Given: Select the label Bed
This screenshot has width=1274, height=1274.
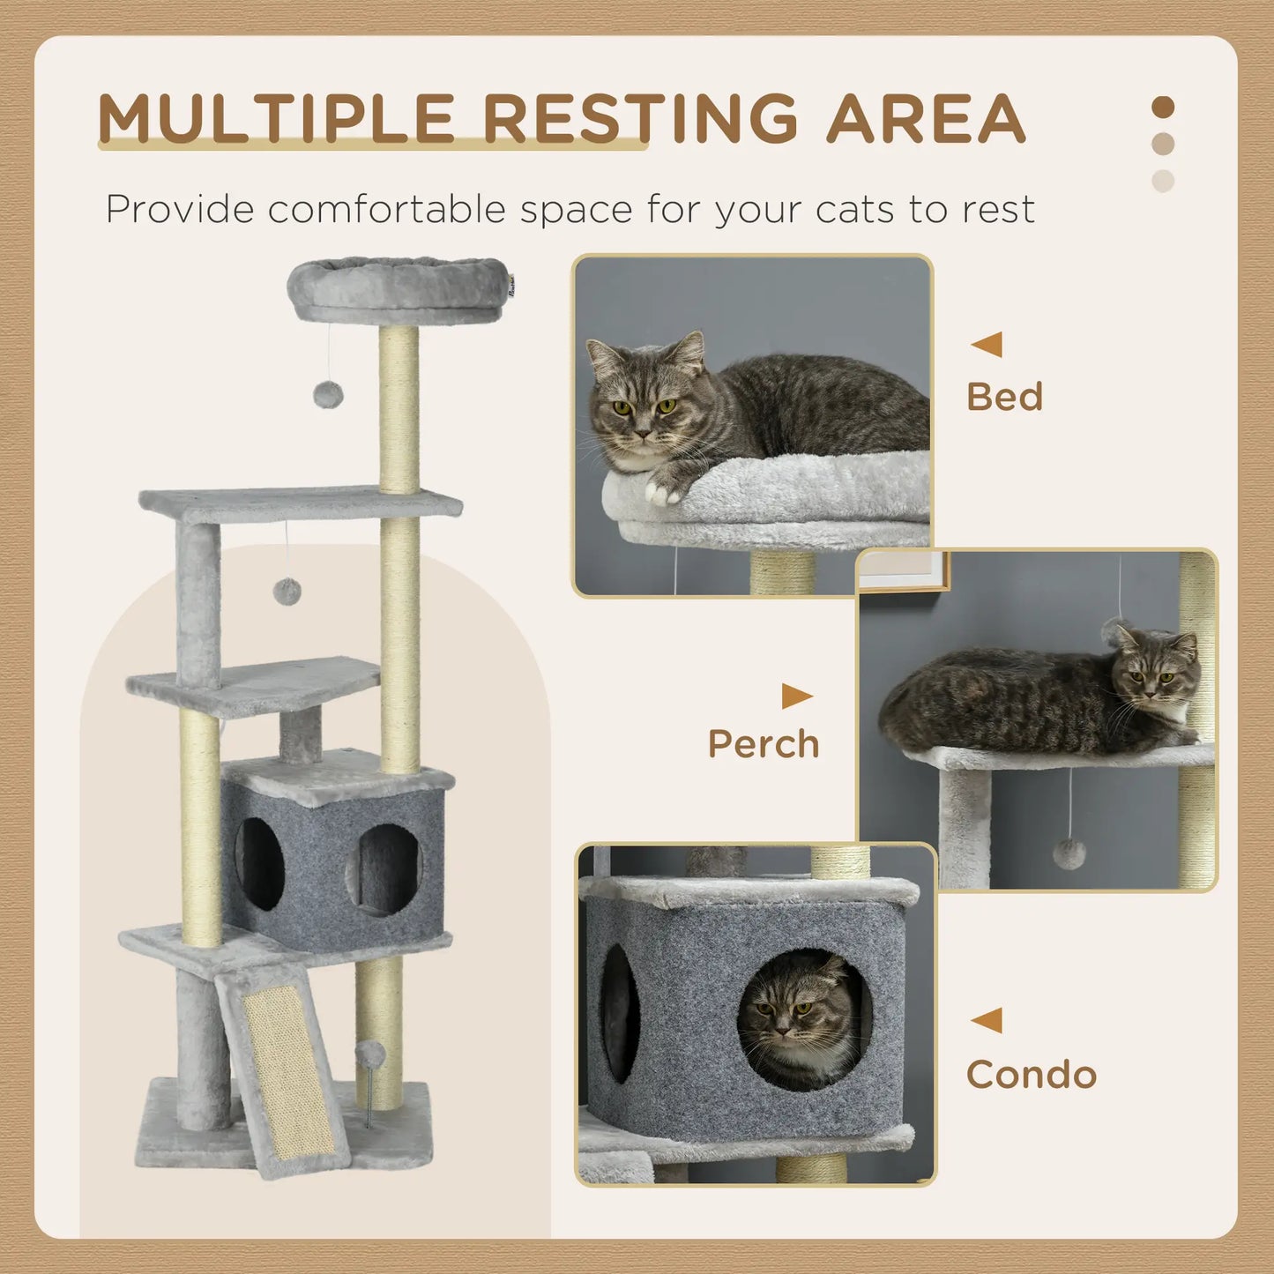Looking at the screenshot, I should click(1004, 397).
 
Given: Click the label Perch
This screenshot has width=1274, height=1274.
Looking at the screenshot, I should click(764, 744).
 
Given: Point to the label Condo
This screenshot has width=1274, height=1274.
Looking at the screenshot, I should click(1031, 1075).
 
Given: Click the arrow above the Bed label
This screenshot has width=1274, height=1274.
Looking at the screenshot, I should click(987, 344).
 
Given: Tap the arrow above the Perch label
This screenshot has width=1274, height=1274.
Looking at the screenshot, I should click(796, 697).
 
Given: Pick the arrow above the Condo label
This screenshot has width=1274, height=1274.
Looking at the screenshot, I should click(987, 1020).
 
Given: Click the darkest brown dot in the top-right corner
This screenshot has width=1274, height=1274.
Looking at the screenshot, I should click(1163, 108).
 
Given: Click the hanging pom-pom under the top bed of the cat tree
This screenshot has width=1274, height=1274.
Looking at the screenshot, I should click(328, 395).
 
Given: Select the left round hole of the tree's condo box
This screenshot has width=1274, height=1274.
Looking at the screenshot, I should click(260, 864).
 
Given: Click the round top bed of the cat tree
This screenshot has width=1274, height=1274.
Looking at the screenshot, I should click(399, 287).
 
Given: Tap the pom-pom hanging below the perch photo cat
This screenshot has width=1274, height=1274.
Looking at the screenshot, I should click(1069, 853).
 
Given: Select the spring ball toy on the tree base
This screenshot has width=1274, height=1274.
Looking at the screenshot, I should click(370, 1054).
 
